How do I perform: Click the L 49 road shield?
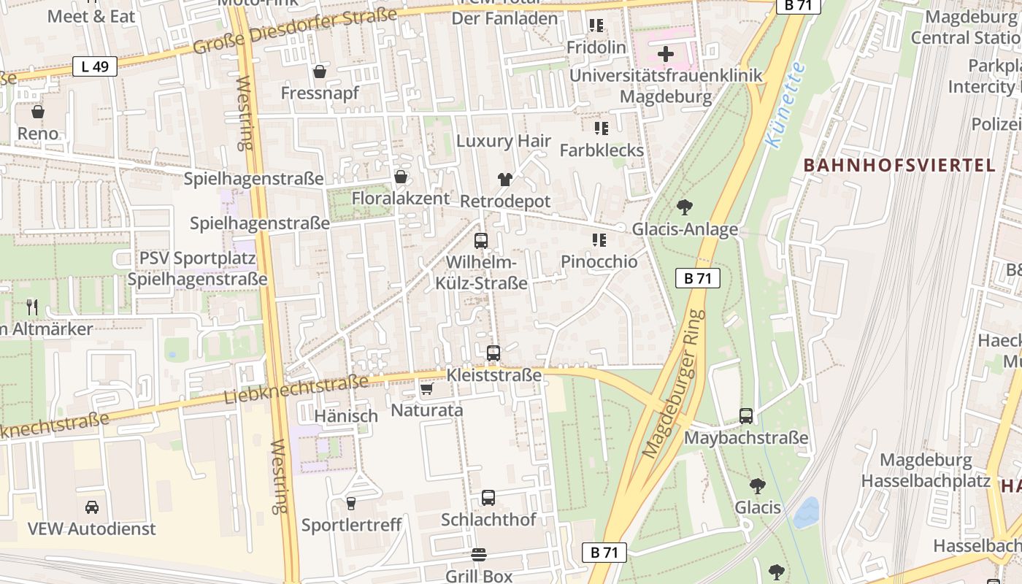(95, 66)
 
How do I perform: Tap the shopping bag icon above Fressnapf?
(320, 72)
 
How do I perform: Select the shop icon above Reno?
(38, 112)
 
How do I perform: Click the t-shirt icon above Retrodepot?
(504, 179)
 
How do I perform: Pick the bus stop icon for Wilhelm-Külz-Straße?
(481, 240)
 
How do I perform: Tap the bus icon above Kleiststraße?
(493, 353)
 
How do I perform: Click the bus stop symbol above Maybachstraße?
(746, 416)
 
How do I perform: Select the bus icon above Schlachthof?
(488, 498)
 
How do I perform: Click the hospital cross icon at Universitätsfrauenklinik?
(666, 54)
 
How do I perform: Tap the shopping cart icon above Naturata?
(427, 388)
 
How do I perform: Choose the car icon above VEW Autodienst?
(92, 507)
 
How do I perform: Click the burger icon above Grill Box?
(479, 555)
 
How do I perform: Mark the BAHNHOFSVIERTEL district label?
(899, 165)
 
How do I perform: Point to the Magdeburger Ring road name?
(675, 385)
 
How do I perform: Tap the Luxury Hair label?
(504, 141)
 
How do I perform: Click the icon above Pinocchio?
(599, 240)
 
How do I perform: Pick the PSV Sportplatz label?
(197, 258)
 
